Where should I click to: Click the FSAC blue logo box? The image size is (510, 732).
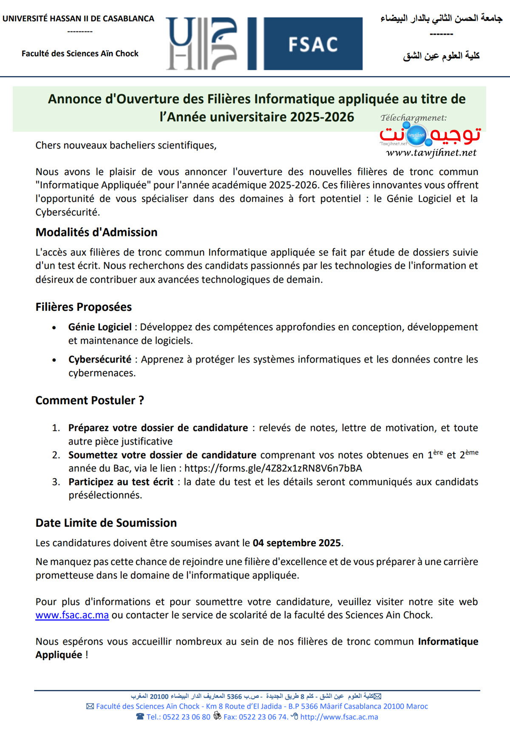pyautogui.click(x=313, y=44)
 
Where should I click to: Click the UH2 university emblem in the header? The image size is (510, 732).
pyautogui.click(x=201, y=44)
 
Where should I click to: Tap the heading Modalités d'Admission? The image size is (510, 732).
pyautogui.click(x=96, y=232)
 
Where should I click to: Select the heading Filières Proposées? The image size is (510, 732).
pyautogui.click(x=84, y=307)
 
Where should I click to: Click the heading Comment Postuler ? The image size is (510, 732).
pyautogui.click(x=90, y=400)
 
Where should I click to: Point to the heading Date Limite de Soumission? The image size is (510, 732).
pyautogui.click(x=106, y=523)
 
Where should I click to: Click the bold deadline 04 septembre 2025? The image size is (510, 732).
pyautogui.click(x=297, y=543)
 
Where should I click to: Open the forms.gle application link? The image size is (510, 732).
pyautogui.click(x=273, y=468)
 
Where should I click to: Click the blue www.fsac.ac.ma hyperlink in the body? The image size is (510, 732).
pyautogui.click(x=72, y=615)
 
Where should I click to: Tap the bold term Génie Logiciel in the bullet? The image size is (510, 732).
pyautogui.click(x=100, y=327)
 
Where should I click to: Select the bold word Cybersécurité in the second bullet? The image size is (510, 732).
pyautogui.click(x=100, y=359)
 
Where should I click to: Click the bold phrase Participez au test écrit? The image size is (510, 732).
pyautogui.click(x=121, y=482)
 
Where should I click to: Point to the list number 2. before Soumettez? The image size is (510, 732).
pyautogui.click(x=56, y=455)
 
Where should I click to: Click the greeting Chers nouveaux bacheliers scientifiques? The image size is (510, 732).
pyautogui.click(x=126, y=145)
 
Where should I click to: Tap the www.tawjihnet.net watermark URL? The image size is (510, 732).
pyautogui.click(x=431, y=153)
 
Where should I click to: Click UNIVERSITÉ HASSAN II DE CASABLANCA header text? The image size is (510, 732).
pyautogui.click(x=78, y=19)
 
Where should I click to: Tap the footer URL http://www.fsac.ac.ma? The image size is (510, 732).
pyautogui.click(x=339, y=717)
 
